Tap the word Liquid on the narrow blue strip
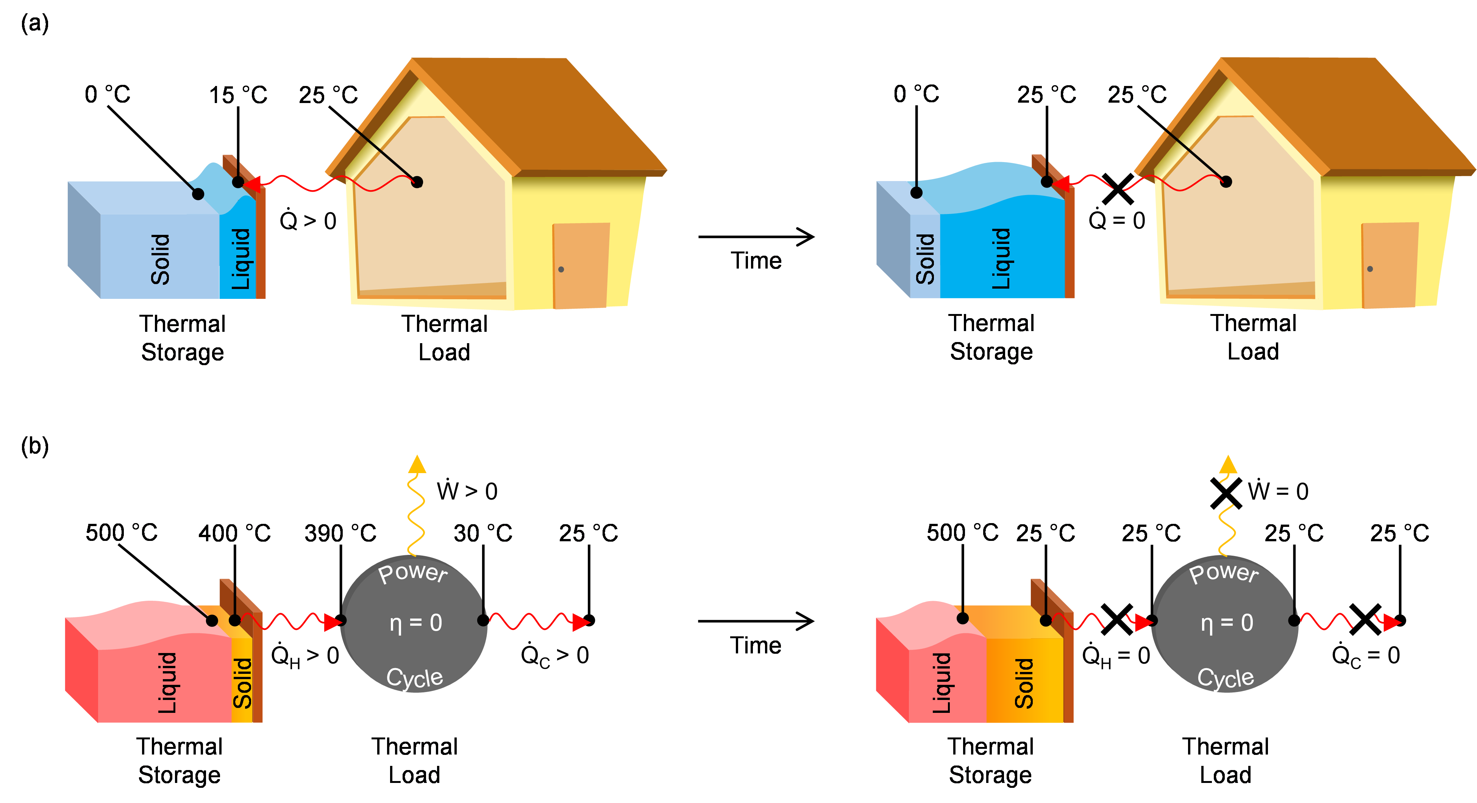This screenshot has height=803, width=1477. click(x=241, y=259)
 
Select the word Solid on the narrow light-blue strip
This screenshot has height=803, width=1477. click(x=925, y=259)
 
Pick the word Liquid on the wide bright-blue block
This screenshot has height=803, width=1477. click(x=1001, y=259)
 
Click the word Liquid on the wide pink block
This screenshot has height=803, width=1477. click(x=167, y=683)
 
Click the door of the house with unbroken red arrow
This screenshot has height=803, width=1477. click(x=580, y=266)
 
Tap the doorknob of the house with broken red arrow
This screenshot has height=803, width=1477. click(x=1370, y=269)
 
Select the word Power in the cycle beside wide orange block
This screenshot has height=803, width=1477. click(x=1224, y=573)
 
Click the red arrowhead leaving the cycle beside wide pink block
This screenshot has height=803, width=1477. click(x=581, y=622)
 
